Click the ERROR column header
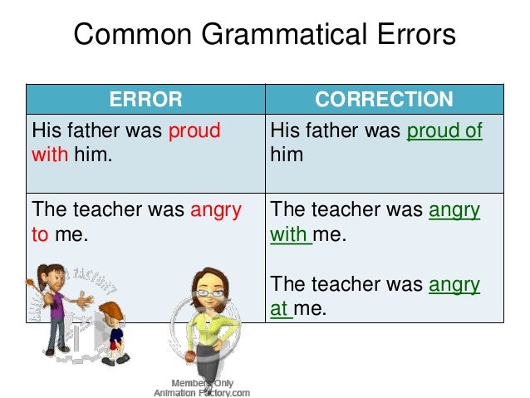pos(145,100)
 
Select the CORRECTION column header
pos(384,100)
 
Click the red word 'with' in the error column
pos(48,154)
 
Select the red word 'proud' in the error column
pos(194,130)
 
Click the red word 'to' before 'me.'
pos(40,234)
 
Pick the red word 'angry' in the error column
pos(215,211)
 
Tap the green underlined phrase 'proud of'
pos(444,130)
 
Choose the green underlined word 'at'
pos(280,308)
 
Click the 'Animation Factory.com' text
pos(202,391)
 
